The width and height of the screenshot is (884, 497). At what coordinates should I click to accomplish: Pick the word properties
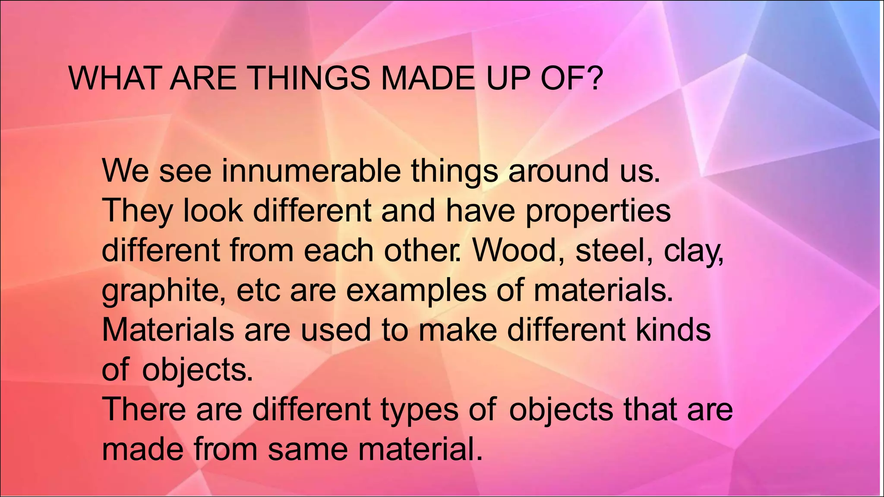(x=598, y=211)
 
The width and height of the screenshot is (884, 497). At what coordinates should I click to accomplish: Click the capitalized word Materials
(x=167, y=330)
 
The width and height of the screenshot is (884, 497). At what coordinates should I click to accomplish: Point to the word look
(x=213, y=211)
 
